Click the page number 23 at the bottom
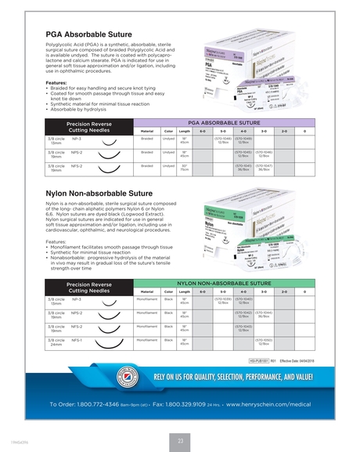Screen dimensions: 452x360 (179, 439)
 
